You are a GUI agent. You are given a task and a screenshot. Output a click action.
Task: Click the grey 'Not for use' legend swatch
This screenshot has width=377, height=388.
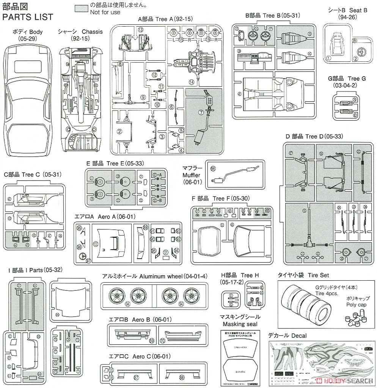(81, 7)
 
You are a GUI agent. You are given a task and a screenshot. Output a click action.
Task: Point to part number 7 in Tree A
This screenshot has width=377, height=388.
(202, 112)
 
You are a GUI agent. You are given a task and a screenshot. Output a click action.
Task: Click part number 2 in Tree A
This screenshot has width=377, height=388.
(119, 132)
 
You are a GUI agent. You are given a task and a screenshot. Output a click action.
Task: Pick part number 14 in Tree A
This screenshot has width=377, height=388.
(192, 82)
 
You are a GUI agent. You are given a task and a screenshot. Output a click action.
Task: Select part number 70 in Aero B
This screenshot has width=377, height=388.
(162, 341)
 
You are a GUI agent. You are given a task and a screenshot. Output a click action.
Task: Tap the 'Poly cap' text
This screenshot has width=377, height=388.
(355, 305)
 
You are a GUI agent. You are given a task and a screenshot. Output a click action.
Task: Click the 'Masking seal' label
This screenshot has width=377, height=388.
(240, 324)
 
